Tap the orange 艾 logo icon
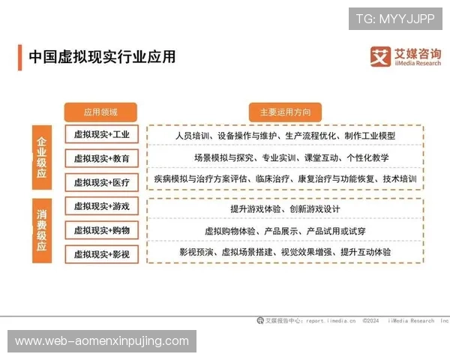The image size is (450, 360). (x=382, y=56)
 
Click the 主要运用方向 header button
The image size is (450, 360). (x=285, y=112)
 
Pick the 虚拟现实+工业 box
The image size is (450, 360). (x=101, y=135)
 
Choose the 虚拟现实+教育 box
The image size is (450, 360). (x=101, y=158)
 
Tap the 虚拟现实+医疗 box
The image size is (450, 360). (x=101, y=181)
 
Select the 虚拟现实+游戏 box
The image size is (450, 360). (x=101, y=205)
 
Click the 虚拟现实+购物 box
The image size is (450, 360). (x=101, y=229)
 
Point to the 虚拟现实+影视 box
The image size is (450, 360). (x=101, y=253)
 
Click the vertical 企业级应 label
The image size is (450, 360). (x=42, y=157)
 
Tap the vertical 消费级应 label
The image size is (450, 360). (x=42, y=229)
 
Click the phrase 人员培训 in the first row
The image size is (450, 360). (x=193, y=136)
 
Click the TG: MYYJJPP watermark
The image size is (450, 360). (x=395, y=17)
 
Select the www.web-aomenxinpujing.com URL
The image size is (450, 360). (x=102, y=341)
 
